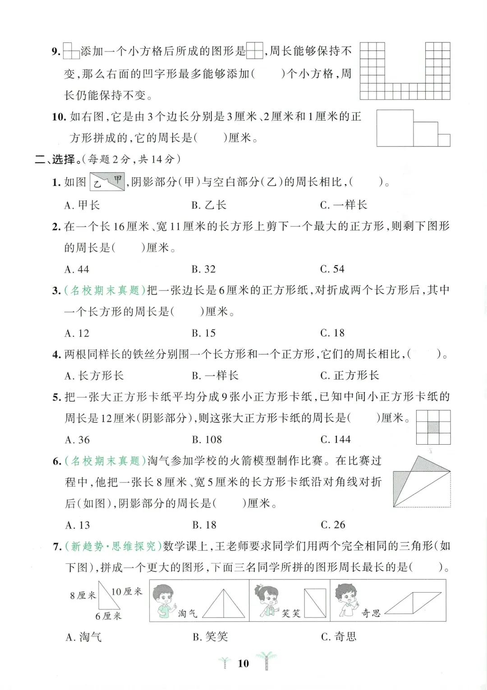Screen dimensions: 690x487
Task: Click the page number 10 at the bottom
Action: [x=243, y=663]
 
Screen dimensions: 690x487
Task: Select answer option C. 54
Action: [x=332, y=269]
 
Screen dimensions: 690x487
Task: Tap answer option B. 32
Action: [x=203, y=269]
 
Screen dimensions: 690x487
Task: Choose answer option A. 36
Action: [x=78, y=440]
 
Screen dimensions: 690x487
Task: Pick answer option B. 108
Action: [x=207, y=440]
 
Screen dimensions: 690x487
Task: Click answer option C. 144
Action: [x=335, y=439]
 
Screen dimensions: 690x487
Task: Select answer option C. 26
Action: [x=333, y=525]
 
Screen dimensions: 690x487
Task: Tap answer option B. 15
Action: [x=203, y=333]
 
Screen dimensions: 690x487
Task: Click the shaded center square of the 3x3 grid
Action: [x=433, y=427]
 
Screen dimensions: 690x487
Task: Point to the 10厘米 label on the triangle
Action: [x=126, y=592]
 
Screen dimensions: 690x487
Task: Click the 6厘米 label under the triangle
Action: [x=108, y=616]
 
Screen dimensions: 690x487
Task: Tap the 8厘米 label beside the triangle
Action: [x=83, y=595]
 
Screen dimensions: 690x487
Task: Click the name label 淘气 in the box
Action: [x=188, y=613]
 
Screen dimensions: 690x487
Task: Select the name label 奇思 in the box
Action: [x=371, y=613]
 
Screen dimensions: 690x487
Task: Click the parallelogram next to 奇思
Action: [x=413, y=603]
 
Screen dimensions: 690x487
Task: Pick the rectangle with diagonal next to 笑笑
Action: [x=315, y=603]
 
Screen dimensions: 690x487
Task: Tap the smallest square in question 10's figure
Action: [x=444, y=140]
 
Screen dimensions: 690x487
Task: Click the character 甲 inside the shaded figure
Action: [x=117, y=179]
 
